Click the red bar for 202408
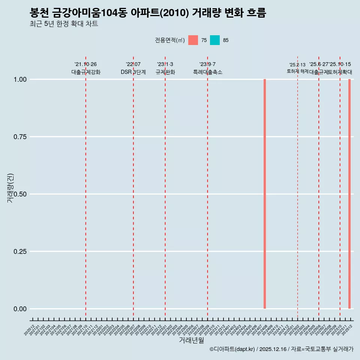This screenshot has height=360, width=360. coord(265,194)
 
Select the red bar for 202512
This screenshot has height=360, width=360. coord(349,194)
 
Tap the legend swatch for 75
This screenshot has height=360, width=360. coord(193,40)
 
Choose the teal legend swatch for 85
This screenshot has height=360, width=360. coord(215,40)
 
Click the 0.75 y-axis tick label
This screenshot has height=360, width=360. coord(20,137)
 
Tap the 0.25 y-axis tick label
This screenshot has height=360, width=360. coord(20,252)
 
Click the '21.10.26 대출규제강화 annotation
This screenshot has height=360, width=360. coord(86,68)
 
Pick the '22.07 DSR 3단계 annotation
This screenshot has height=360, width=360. coord(133,68)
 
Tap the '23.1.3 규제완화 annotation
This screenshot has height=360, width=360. coord(165,68)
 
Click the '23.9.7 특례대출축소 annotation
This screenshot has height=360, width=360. coord(207,68)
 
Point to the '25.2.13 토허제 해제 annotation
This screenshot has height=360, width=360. coord(297,68)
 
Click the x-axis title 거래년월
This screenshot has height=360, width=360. coord(191,340)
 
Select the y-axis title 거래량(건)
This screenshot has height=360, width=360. coord(10,188)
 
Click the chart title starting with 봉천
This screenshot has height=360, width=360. coord(148,13)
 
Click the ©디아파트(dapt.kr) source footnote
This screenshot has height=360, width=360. coord(281,349)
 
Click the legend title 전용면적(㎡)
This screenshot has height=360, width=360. coord(169,40)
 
